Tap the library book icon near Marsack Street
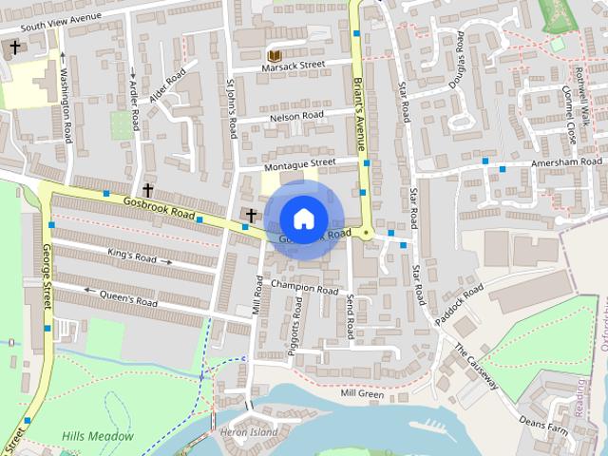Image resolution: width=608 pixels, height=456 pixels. coord(274,56)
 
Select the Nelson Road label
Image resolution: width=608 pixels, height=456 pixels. coord(296,116)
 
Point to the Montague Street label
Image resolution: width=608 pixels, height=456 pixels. coord(300,163)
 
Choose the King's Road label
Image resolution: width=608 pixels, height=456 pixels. coord(133,256)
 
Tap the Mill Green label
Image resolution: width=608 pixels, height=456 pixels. coord(361,393)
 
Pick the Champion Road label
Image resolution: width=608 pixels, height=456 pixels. coord(304,288)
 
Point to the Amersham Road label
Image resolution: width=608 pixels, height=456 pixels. coord(566,163)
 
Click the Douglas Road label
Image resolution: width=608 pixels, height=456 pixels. coord(458,63)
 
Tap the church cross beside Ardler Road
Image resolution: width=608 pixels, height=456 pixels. coord(148,190)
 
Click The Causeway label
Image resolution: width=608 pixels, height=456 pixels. coord(476,367)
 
